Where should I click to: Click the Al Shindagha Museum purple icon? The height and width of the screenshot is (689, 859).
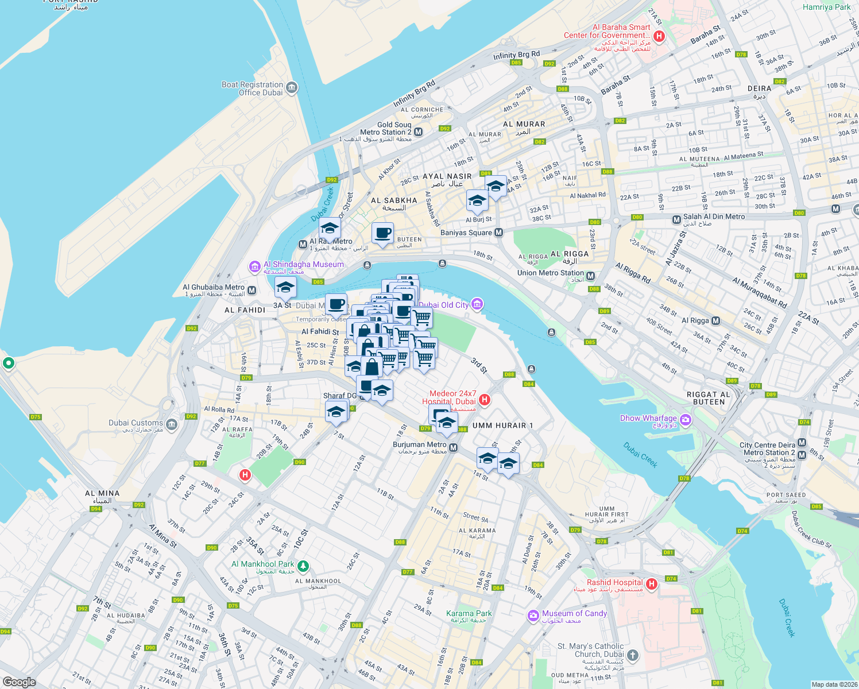(x=254, y=267)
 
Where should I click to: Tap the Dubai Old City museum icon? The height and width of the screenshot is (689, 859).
(x=477, y=304)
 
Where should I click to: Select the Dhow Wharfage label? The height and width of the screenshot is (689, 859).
(x=648, y=419)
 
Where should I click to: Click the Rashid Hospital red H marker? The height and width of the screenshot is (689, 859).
(x=651, y=585)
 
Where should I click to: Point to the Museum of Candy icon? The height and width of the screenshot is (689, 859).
(x=533, y=616)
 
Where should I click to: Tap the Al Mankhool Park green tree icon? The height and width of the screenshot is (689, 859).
(x=303, y=567)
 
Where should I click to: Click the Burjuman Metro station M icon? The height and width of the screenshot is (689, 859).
(x=454, y=448)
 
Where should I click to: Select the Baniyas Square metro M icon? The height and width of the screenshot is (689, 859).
(x=498, y=233)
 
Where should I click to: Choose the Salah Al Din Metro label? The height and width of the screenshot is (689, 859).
(x=714, y=217)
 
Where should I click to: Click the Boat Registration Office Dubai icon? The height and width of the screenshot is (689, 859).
(x=292, y=88)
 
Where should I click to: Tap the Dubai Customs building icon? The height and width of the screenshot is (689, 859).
(x=172, y=425)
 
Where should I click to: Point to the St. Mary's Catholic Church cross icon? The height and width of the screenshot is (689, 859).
(x=632, y=655)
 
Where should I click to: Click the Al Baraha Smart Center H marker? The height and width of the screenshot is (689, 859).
(x=659, y=36)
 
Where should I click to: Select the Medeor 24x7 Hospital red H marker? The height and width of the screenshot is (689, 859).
(x=485, y=400)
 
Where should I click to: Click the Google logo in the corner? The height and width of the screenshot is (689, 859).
(x=19, y=682)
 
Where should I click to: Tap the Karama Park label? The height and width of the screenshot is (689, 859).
(x=469, y=614)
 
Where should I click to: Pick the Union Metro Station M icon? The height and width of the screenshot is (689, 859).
(x=590, y=276)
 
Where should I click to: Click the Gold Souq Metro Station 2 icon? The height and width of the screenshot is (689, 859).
(x=418, y=132)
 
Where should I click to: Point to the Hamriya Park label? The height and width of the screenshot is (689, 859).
(x=826, y=7)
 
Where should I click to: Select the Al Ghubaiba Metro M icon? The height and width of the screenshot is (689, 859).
(x=251, y=291)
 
